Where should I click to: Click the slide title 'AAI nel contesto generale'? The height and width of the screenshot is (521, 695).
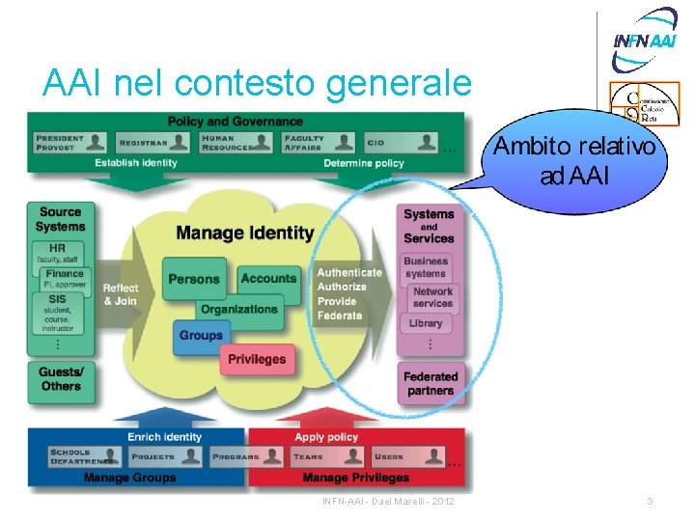257,85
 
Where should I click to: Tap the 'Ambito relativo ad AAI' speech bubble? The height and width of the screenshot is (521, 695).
576,162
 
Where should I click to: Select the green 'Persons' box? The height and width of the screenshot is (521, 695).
194,279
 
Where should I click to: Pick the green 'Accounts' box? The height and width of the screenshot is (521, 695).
268,279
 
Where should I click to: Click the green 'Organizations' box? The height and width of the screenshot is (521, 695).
238,309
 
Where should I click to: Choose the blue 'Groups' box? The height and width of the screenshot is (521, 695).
201,336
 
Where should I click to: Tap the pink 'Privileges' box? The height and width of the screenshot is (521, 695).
257,359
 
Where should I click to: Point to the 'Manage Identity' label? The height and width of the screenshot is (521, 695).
245,233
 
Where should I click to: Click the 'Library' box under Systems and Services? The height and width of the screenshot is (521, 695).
426,323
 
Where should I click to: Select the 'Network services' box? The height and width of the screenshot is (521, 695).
431,297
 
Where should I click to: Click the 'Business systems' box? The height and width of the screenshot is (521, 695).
427,267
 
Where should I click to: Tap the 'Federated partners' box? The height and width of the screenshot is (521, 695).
431,383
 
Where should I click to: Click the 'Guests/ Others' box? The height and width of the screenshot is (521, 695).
61,378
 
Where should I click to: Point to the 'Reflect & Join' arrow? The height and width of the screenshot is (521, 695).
121,294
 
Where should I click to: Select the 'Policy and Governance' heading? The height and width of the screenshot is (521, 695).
236,122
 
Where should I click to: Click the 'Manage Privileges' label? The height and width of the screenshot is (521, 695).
355,478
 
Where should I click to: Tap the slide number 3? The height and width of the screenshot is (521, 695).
650,502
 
